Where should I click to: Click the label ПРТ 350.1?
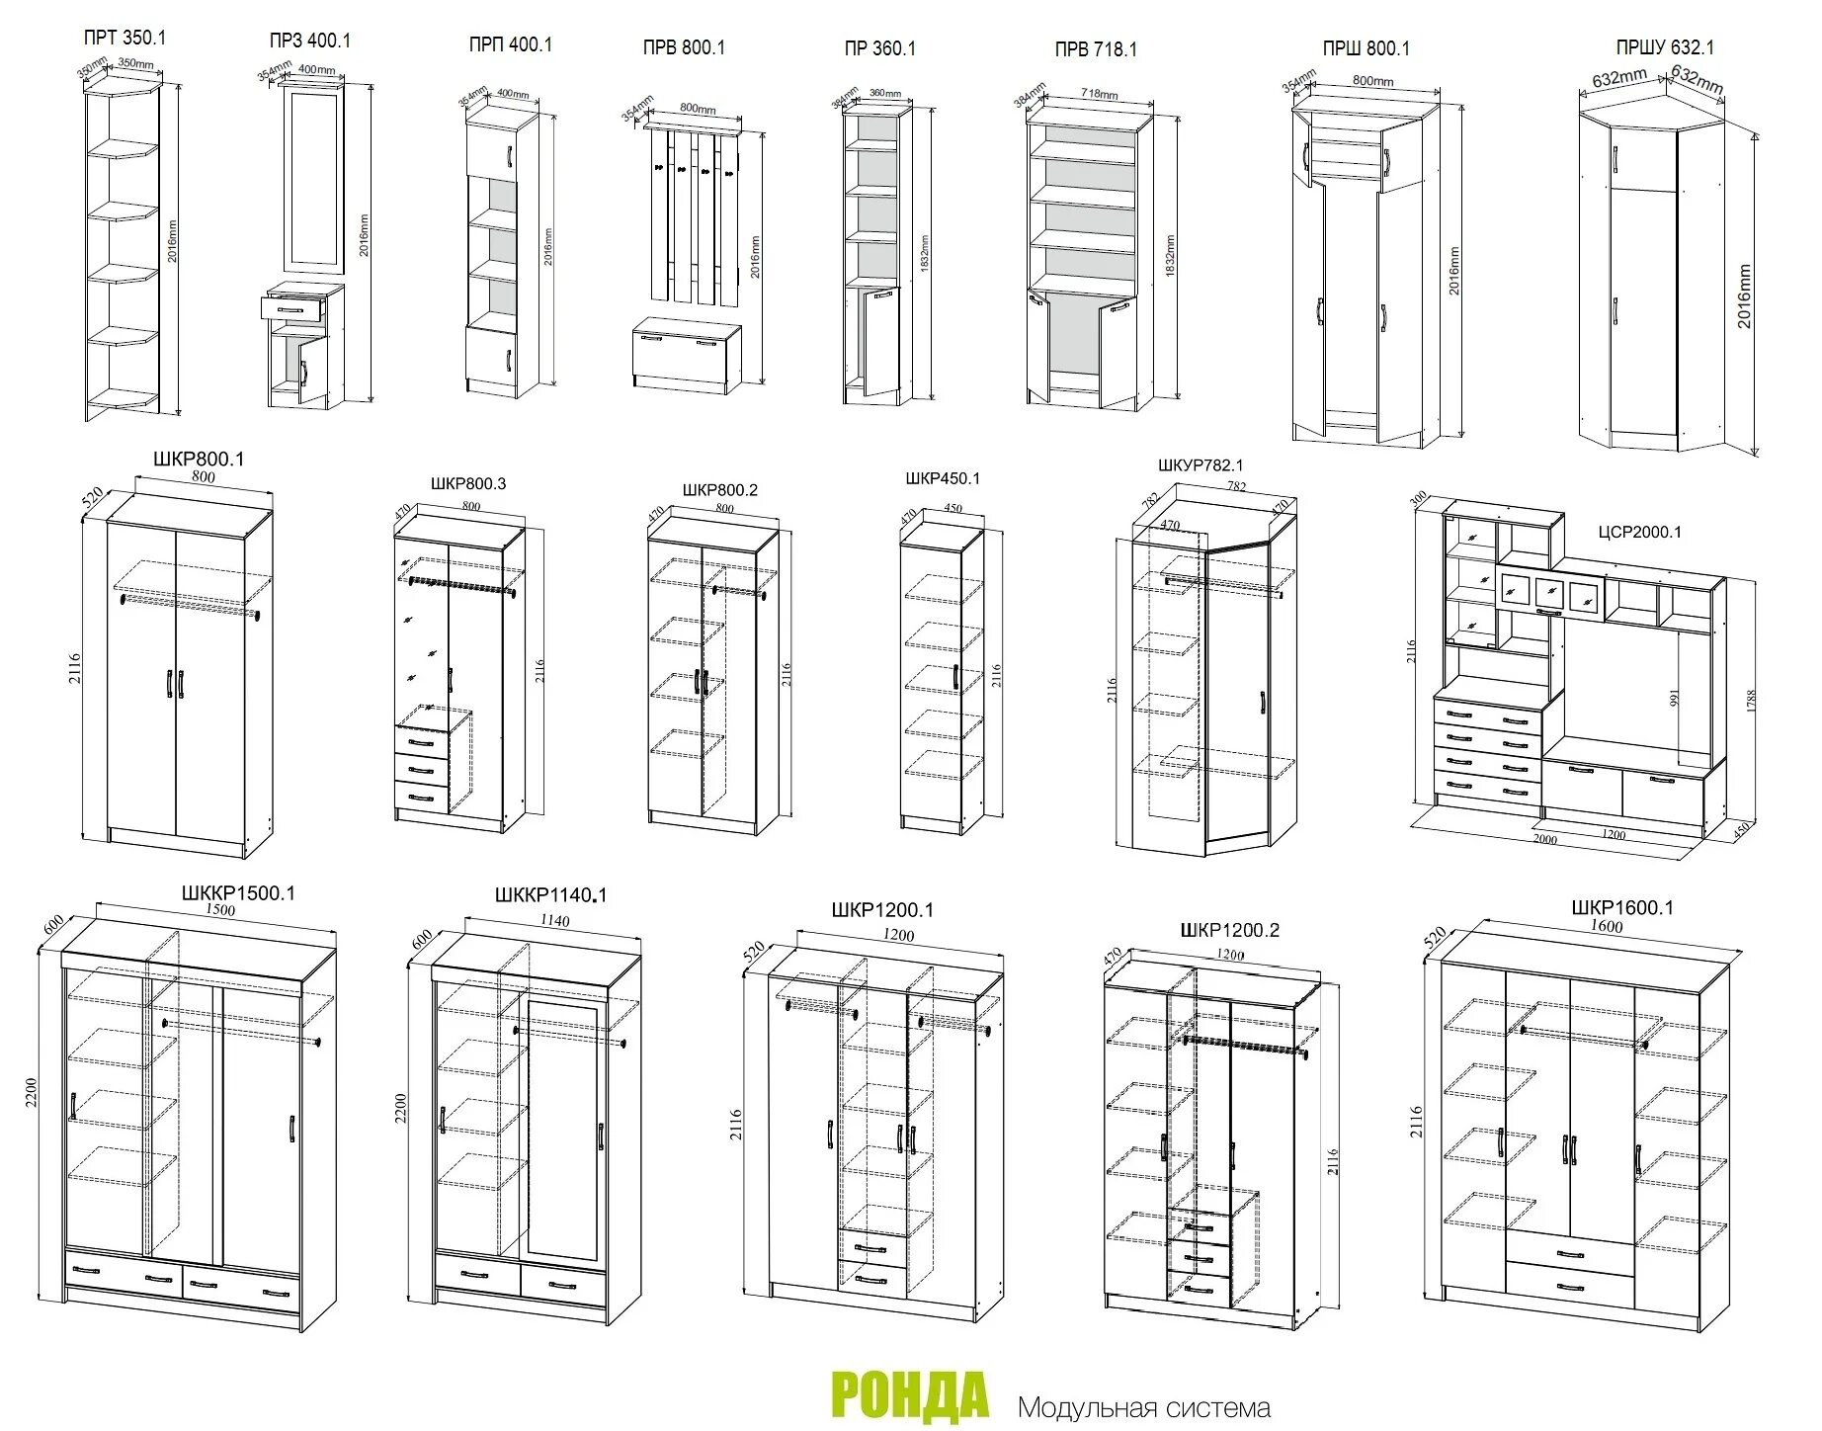click(124, 39)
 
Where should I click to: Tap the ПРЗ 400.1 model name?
click(309, 41)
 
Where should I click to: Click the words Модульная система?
click(1143, 1406)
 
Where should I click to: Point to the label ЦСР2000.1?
click(1639, 532)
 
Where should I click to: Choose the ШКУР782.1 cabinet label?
click(1201, 465)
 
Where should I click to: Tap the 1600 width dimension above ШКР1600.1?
click(1608, 926)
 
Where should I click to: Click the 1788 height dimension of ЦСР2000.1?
click(1750, 700)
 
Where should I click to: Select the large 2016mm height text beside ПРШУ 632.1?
click(1745, 296)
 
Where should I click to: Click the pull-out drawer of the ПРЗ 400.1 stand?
click(293, 308)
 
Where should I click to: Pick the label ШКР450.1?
click(943, 478)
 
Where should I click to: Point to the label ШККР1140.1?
click(550, 895)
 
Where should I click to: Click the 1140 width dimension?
click(554, 921)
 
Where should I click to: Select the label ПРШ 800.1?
click(1366, 47)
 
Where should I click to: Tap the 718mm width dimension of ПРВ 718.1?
click(1099, 95)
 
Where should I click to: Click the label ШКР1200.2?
click(1229, 930)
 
